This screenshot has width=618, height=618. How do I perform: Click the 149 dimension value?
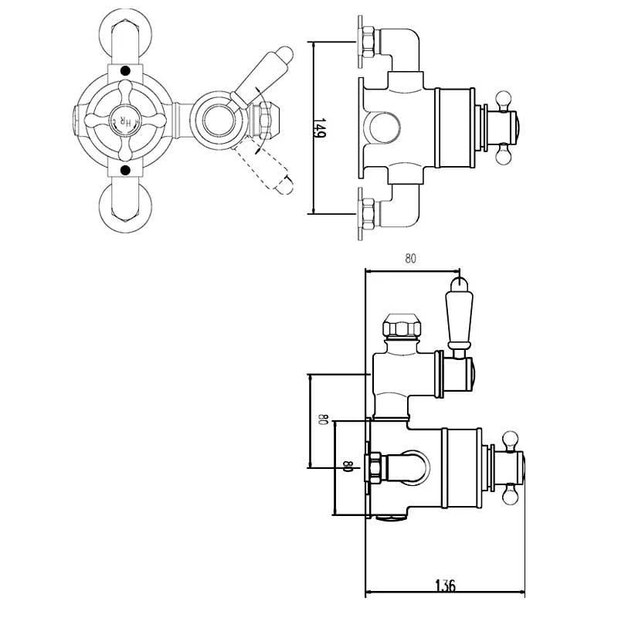tap(319, 128)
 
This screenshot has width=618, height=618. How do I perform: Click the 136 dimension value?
tap(446, 585)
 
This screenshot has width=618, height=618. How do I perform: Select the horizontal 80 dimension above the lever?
tap(410, 259)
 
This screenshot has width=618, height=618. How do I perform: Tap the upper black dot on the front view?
tap(125, 71)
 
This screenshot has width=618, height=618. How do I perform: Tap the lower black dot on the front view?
tap(125, 170)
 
